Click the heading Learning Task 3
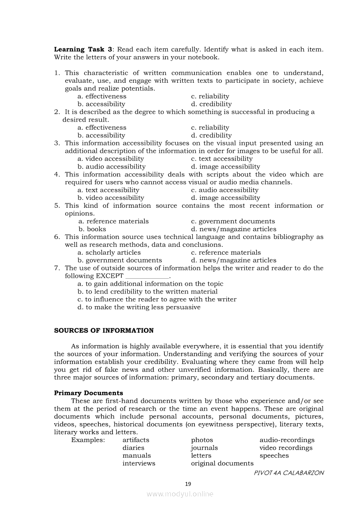coord(82,49)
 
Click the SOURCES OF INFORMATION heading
coord(104,330)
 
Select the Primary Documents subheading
coord(88,393)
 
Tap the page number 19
coord(188,483)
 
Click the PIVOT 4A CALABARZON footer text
coord(289,472)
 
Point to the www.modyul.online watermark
coord(180,494)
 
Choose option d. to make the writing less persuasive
coord(139,307)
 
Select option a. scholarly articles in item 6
coord(109,252)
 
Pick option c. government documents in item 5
coord(233,221)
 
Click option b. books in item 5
coord(92,229)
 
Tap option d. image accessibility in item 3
coord(225,166)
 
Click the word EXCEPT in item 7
coord(110,276)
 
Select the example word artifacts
coord(136,440)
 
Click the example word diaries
coord(133,448)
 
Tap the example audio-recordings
coord(287,440)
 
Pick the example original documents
coord(222,463)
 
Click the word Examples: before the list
coord(88,440)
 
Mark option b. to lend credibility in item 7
coord(147,291)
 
